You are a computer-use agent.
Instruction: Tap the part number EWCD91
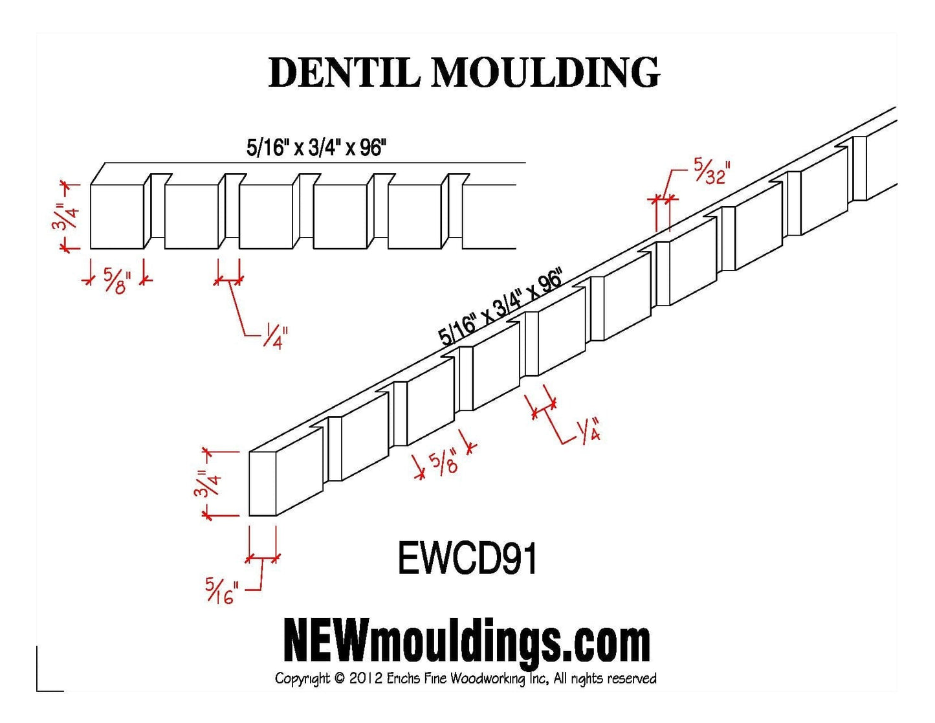467,559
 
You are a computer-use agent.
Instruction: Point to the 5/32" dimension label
711,171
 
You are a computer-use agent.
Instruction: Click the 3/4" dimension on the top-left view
65,216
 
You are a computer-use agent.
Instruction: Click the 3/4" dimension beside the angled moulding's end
207,484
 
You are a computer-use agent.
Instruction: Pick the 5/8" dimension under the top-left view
116,281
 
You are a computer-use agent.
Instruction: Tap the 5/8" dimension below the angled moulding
444,462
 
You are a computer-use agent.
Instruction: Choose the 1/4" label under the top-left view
275,337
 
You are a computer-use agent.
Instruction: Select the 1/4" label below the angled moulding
588,430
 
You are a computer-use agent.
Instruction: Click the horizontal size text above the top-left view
316,148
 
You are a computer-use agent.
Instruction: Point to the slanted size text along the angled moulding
500,308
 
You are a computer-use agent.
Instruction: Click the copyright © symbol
340,678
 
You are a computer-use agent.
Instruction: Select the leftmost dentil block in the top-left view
116,217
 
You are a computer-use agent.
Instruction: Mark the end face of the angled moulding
263,484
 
